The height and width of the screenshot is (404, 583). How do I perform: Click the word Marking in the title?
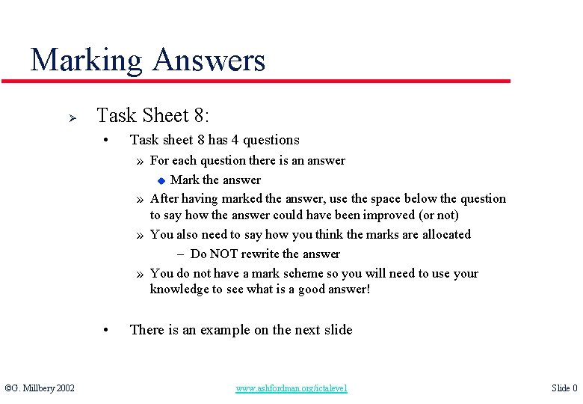point(86,60)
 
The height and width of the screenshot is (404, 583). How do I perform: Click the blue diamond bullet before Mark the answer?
point(159,180)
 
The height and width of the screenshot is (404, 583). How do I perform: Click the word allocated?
point(444,234)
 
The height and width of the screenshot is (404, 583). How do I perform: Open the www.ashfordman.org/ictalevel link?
point(291,388)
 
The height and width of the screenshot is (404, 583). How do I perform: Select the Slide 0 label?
point(564,388)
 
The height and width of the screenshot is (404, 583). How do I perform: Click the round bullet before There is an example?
point(108,330)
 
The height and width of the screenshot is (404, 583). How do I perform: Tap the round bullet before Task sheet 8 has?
point(108,140)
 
